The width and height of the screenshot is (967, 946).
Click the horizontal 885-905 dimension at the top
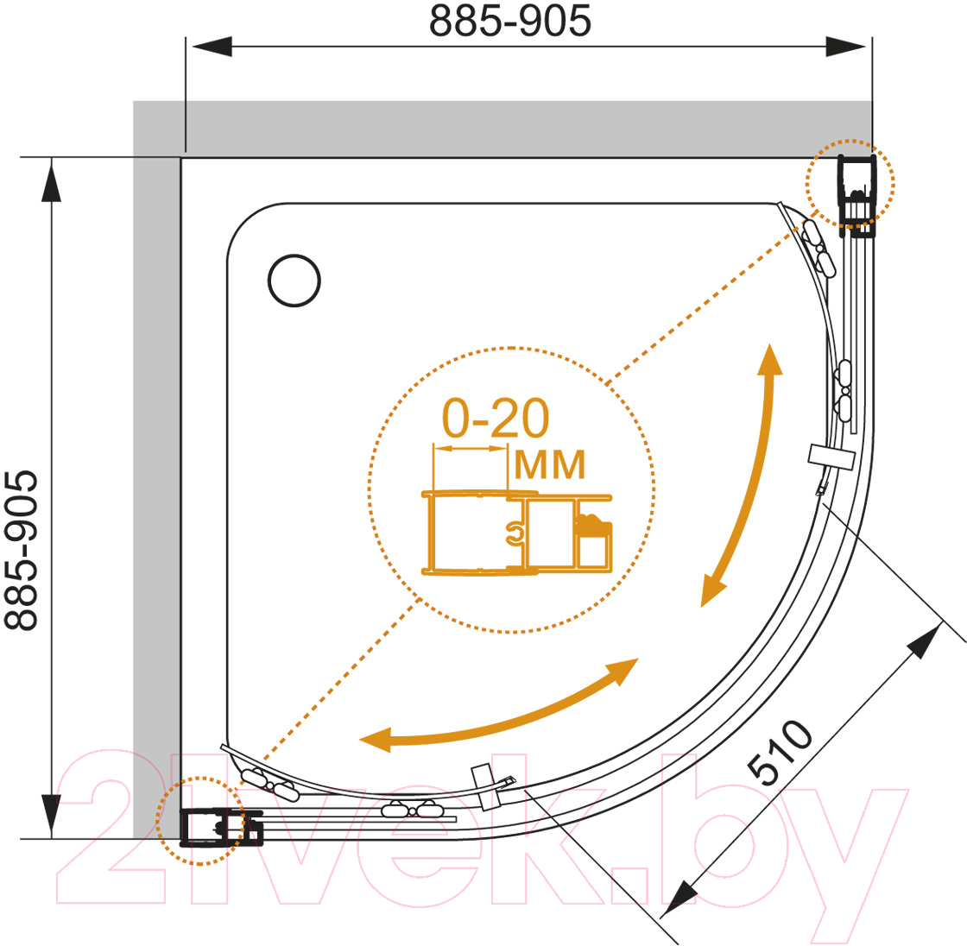pos(510,21)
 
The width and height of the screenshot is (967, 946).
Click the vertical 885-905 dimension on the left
pos(21,550)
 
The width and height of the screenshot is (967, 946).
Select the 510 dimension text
pos(780,753)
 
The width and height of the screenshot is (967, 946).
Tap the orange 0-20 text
pos(496,418)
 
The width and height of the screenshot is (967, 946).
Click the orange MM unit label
pos(549,465)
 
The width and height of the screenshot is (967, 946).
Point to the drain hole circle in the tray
pos(294,281)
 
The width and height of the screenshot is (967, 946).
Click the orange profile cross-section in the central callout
pos(517,533)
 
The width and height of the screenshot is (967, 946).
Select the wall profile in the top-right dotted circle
pos(856,196)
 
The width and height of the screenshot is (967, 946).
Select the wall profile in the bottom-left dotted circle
pos(221,828)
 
